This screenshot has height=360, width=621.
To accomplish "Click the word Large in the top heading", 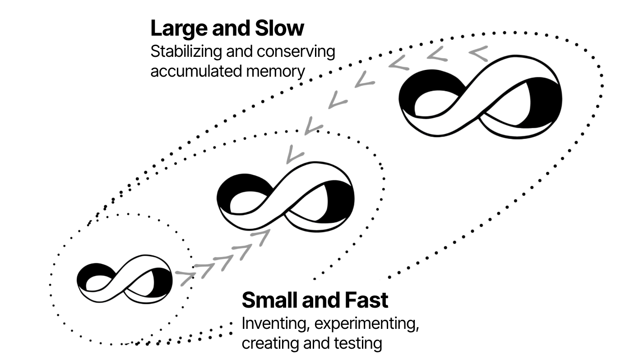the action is [x=179, y=29].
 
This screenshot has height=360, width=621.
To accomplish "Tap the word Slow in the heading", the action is [x=279, y=28].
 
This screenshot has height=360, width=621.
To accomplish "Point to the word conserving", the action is [x=296, y=52].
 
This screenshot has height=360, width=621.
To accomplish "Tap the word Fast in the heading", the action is [x=366, y=300].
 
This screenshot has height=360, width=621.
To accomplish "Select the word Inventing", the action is [x=276, y=324].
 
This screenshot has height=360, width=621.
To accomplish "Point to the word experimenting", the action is [x=366, y=324].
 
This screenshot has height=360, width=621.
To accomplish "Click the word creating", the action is [x=270, y=344].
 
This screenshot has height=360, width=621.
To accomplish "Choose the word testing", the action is [x=358, y=344].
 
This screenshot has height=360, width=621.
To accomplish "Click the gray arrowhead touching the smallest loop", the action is [x=185, y=278].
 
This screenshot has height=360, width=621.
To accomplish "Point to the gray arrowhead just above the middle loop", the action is [x=294, y=154].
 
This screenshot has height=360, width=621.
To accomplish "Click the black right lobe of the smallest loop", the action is [x=163, y=282].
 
